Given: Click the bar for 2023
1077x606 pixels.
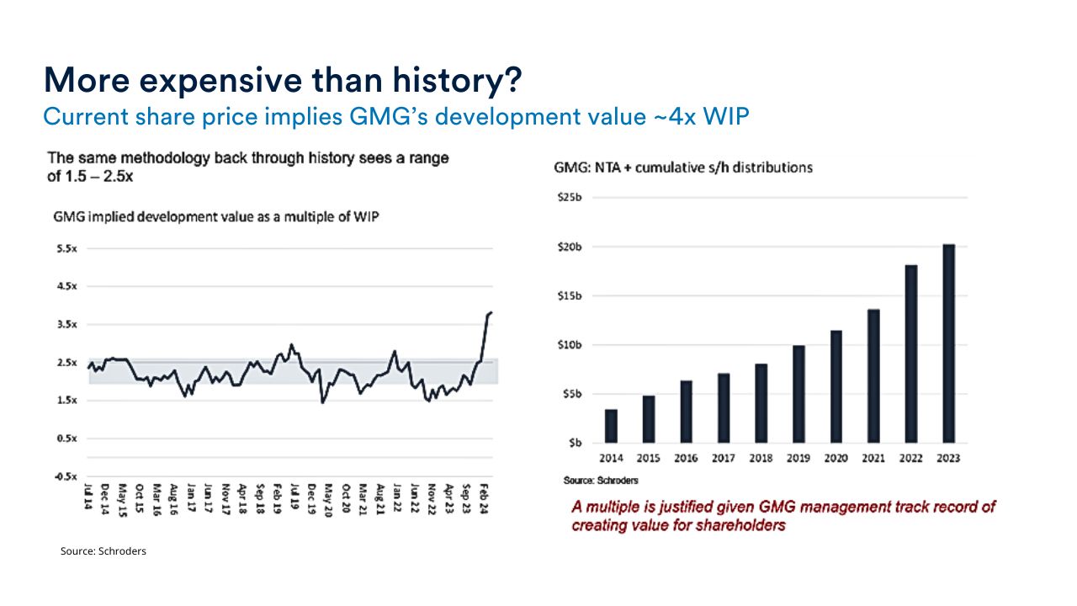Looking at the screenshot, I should tap(948, 343).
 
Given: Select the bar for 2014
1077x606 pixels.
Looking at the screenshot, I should tap(611, 426).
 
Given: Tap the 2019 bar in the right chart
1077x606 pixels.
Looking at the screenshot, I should tap(798, 394).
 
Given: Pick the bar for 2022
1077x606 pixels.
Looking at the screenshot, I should tap(911, 353).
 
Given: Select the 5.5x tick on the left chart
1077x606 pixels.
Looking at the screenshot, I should tap(66, 248).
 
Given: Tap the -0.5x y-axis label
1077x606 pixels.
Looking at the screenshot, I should tap(66, 477).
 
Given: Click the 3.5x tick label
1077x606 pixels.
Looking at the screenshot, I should tap(66, 325).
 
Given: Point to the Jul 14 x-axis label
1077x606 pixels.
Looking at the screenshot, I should tap(88, 497).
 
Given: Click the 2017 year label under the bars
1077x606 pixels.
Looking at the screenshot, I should tap(723, 459).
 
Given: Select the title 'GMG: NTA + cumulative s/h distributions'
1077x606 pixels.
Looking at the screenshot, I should tap(682, 167).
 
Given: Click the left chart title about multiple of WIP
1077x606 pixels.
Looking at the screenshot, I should tap(216, 216).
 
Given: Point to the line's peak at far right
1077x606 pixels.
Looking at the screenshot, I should tap(491, 312).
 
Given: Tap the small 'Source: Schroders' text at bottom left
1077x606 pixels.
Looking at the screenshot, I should tap(103, 551).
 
